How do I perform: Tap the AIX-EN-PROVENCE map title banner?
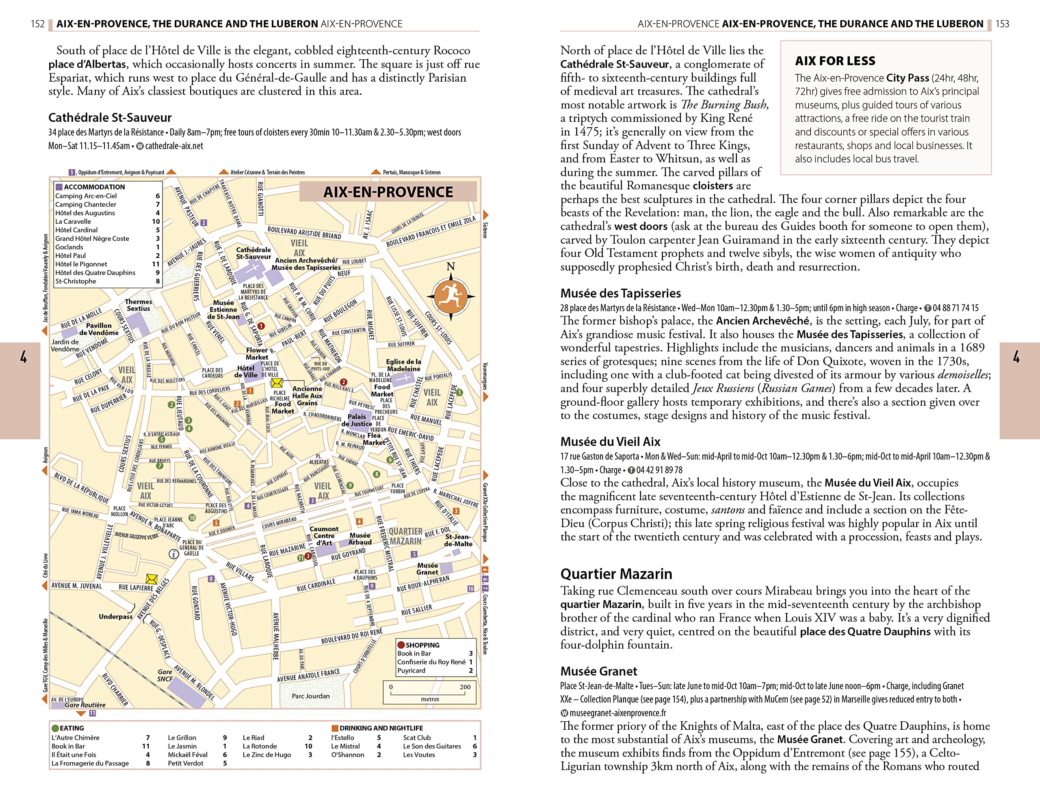tap(388, 192)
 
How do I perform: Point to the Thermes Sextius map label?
tap(138, 305)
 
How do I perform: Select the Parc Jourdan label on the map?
tap(311, 696)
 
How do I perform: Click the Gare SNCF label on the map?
tap(165, 675)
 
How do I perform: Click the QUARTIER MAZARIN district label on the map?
tap(405, 536)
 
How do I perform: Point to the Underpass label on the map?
tap(115, 616)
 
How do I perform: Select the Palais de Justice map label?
tap(357, 420)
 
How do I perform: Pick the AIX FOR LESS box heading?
tap(835, 61)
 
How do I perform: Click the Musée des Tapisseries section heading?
tap(620, 293)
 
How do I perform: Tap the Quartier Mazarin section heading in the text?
tap(616, 574)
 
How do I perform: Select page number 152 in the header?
tap(37, 24)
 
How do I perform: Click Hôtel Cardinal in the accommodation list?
tap(76, 230)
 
